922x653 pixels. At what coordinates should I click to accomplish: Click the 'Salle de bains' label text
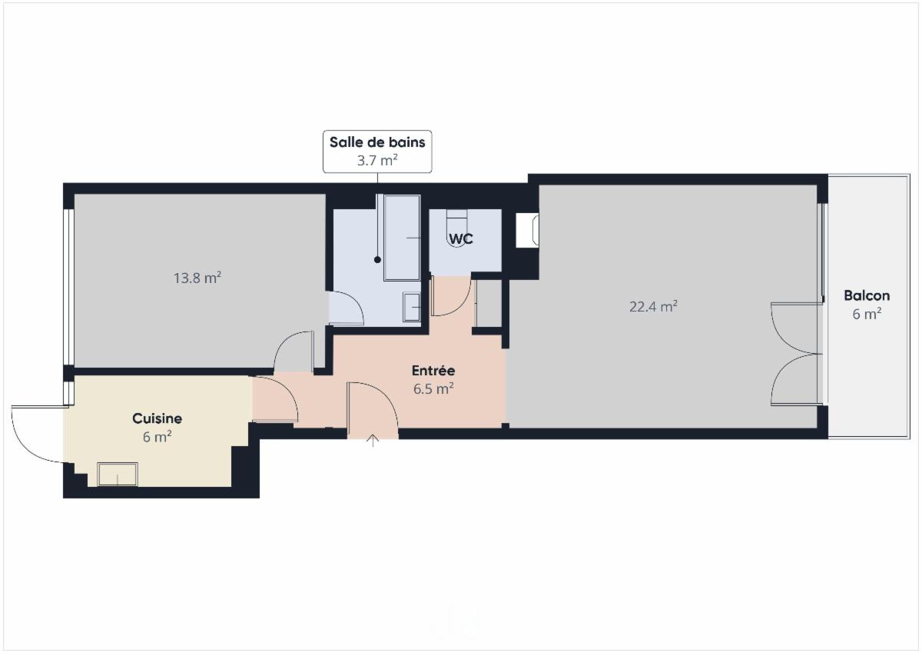tap(377, 142)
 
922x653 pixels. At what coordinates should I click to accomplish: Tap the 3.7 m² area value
tap(377, 160)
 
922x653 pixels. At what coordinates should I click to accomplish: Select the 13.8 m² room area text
tap(197, 278)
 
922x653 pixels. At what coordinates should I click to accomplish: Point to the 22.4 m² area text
tap(653, 307)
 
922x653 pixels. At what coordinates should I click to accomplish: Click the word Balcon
tap(867, 295)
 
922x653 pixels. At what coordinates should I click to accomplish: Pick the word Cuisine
tap(157, 418)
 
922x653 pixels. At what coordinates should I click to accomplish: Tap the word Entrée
tap(433, 371)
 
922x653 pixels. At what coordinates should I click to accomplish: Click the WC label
tap(460, 239)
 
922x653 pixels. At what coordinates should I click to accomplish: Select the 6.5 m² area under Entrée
tap(433, 389)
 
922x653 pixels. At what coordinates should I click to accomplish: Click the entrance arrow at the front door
tap(373, 441)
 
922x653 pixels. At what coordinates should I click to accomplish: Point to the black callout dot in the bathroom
tap(377, 260)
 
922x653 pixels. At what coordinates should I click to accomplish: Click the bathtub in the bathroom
tap(402, 238)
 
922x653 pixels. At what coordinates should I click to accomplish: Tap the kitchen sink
tap(118, 475)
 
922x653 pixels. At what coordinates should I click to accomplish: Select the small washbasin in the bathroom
tap(412, 307)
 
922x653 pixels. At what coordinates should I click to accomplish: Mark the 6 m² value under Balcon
tap(867, 314)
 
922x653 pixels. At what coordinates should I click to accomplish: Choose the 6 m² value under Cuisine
tap(157, 437)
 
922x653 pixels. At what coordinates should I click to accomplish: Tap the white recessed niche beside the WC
tap(527, 231)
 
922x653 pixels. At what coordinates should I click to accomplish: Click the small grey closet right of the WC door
tap(489, 304)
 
